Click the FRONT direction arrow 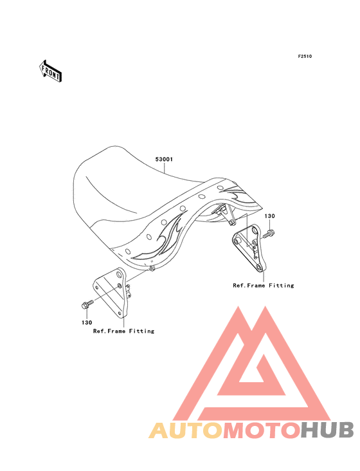[x=50, y=71]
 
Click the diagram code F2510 [x=305, y=56]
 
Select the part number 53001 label [x=164, y=159]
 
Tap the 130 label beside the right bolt [x=269, y=216]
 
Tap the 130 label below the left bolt [x=87, y=322]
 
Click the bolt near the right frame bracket [x=269, y=234]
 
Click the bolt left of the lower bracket [x=87, y=304]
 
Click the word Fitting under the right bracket [x=282, y=285]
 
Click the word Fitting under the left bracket [x=141, y=331]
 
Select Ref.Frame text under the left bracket [x=109, y=331]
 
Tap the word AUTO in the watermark [x=186, y=430]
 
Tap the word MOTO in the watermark [x=262, y=430]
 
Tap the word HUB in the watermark [x=327, y=430]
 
